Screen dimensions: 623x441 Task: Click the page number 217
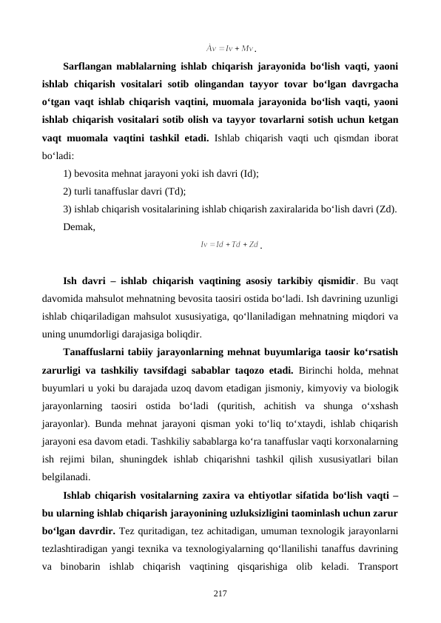(x=220, y=594)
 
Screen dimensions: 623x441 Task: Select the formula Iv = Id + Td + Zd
(x=229, y=243)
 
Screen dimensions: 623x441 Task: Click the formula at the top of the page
(x=229, y=50)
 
